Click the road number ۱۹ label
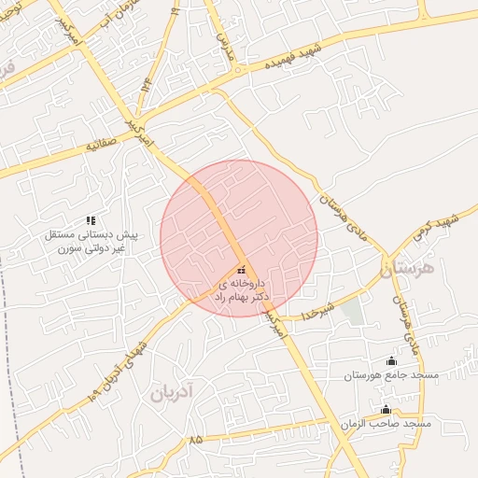pos(175,10)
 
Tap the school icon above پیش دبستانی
pos(91,220)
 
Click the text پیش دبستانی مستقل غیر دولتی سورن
pos(91,242)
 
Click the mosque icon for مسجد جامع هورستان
pos(390,361)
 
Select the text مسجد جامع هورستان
pos(390,374)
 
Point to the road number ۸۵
pos(195,439)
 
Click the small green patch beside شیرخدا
pos(352,312)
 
